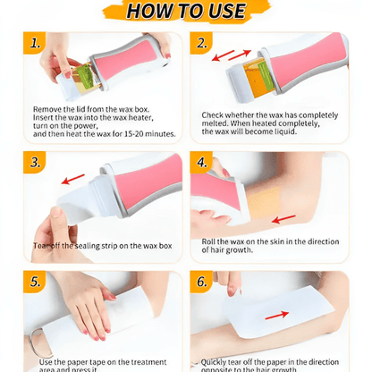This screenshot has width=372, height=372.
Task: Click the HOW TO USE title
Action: point(185,13)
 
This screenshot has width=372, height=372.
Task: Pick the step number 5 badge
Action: point(35,280)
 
